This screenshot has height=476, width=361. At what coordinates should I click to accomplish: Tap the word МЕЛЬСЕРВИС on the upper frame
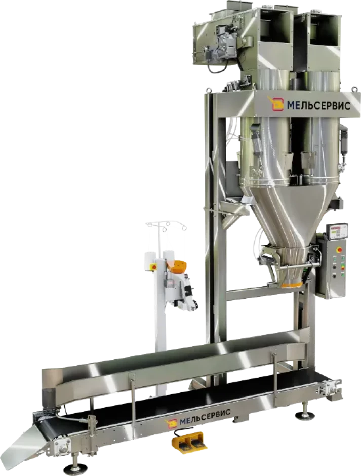(x=319, y=106)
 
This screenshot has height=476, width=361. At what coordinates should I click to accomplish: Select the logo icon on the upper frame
(x=275, y=103)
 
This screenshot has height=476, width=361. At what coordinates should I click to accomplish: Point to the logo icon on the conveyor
(x=171, y=424)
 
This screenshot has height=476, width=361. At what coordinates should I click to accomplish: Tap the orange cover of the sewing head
(x=179, y=267)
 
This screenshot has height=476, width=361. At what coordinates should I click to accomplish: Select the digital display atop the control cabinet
(x=337, y=232)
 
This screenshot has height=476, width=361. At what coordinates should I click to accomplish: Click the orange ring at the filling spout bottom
(x=292, y=285)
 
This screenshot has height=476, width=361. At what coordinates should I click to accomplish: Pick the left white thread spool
(x=149, y=261)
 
